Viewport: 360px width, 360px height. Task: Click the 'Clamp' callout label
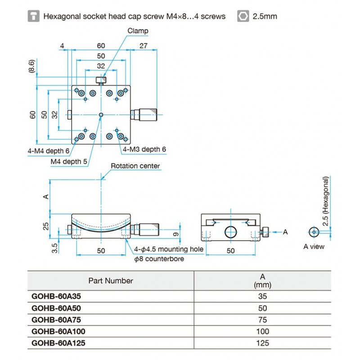[138, 31]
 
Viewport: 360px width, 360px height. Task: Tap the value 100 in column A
[262, 331]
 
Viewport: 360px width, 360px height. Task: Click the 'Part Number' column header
[111, 281]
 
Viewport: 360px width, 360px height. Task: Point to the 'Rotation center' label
[135, 166]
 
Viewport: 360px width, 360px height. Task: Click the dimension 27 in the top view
[144, 45]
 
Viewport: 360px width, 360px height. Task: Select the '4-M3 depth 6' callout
[144, 149]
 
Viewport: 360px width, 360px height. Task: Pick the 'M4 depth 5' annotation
[69, 161]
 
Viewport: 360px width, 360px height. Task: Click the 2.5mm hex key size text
[265, 17]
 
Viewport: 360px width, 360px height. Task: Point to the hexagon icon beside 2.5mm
[243, 17]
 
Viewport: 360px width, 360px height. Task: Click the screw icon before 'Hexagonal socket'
[33, 17]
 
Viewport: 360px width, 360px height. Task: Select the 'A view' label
[314, 246]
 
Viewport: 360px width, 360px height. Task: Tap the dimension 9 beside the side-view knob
[176, 233]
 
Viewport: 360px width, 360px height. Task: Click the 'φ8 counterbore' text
[159, 259]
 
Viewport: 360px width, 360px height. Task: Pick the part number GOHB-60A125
[58, 343]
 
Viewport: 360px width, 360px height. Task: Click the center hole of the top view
[101, 115]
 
